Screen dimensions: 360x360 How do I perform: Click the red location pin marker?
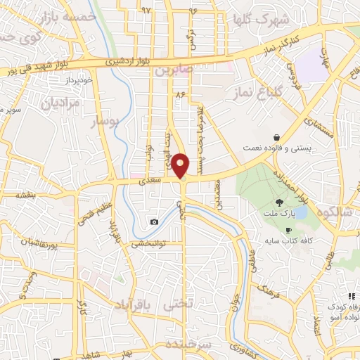[x=181, y=165]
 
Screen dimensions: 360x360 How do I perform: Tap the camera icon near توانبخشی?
[x=154, y=222]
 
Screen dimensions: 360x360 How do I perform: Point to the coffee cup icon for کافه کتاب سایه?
[x=288, y=230]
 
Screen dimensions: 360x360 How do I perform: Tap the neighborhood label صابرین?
[x=174, y=70]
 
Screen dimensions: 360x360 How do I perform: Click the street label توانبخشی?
[x=148, y=244]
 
